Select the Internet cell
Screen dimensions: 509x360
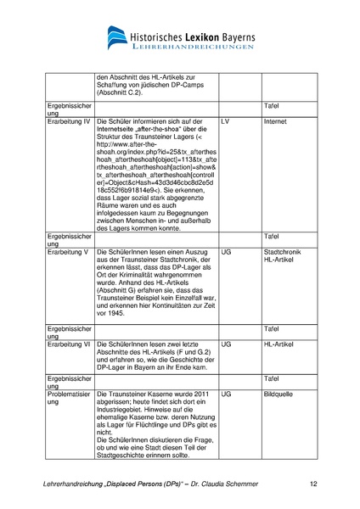tap(276, 122)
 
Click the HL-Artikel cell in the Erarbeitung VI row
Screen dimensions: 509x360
tap(279, 345)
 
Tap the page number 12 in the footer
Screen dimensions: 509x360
tap(313, 484)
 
